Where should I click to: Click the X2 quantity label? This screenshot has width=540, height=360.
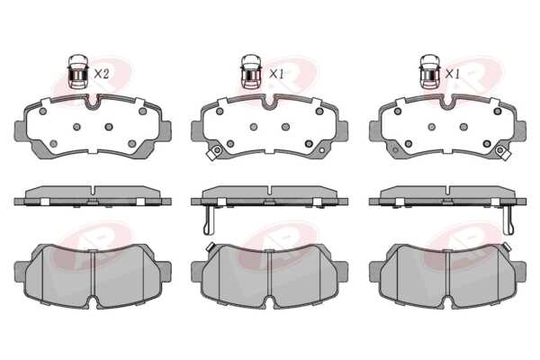click(101, 74)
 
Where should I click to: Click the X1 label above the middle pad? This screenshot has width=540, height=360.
click(276, 74)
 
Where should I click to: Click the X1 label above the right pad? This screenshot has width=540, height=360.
click(452, 74)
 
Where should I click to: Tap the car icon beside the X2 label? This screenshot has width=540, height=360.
click(77, 72)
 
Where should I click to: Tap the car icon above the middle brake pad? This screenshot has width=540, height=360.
click(252, 72)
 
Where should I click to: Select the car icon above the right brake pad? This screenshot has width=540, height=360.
click(430, 72)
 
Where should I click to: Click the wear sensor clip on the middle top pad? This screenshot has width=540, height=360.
click(214, 152)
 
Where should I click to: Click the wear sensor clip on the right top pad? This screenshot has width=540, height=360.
click(502, 152)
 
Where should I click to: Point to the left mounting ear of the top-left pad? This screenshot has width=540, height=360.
click(20, 130)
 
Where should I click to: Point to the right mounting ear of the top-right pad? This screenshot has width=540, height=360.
click(520, 130)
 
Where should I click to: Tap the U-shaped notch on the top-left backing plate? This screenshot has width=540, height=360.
click(92, 102)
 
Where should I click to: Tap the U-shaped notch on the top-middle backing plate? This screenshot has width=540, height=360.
click(269, 102)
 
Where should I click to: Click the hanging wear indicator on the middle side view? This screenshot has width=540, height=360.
click(209, 220)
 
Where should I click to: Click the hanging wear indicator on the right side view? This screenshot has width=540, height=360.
click(508, 220)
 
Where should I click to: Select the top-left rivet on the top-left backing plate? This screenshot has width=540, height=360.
click(42, 112)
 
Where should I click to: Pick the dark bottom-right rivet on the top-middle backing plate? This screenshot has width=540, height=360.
click(309, 143)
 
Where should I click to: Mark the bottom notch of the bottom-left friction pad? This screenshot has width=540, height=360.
click(93, 301)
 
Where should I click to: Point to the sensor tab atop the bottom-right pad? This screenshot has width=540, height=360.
click(506, 247)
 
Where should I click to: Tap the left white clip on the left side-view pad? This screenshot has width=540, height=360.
click(45, 202)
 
